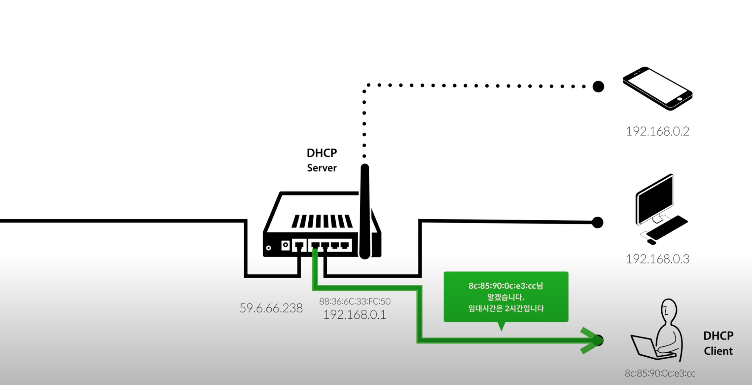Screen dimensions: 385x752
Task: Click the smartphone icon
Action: (657, 88)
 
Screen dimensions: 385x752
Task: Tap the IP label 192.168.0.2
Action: (657, 131)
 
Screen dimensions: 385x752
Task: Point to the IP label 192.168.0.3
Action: (657, 259)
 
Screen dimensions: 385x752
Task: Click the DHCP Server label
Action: (322, 160)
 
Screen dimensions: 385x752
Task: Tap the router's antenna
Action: (365, 210)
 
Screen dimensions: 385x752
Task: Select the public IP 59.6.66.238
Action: (271, 308)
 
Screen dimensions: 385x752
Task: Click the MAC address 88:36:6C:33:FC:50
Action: (355, 301)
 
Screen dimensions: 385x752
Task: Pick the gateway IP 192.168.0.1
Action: (355, 315)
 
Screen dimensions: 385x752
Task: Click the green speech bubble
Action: (506, 297)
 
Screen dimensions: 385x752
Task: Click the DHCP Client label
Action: (718, 343)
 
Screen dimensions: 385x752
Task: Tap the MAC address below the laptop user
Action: (660, 373)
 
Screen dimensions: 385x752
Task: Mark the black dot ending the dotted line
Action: (598, 86)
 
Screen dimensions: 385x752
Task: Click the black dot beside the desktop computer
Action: (597, 222)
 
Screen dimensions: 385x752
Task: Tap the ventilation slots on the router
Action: (322, 221)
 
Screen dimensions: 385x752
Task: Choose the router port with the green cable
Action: (316, 245)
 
